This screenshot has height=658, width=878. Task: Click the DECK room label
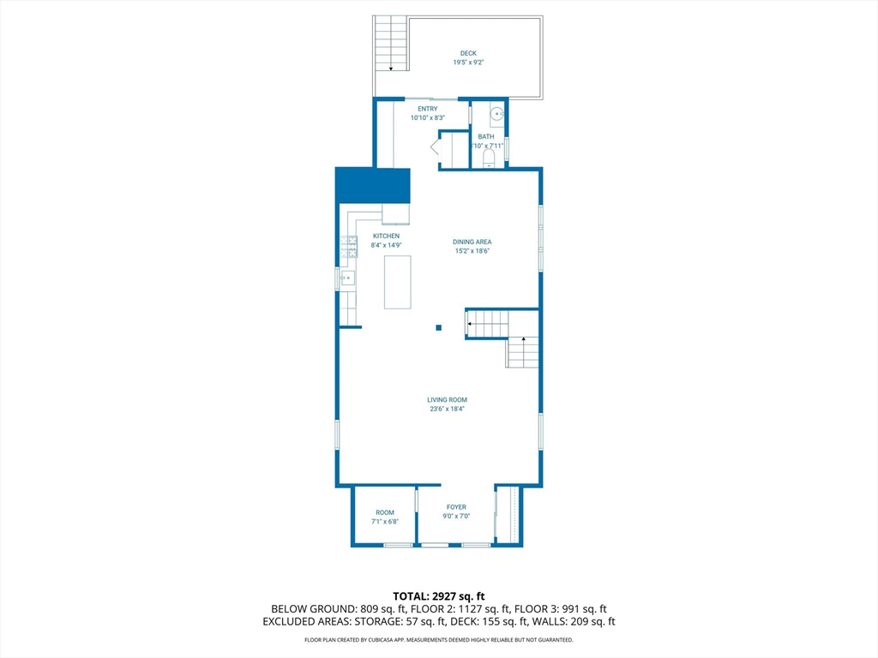tap(468, 53)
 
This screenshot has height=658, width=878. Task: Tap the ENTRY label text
tap(427, 109)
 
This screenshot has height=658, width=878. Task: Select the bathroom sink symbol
tap(497, 114)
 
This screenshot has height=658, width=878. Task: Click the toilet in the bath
tap(489, 159)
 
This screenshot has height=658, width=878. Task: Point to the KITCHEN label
tap(387, 236)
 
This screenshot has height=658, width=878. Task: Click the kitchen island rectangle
tap(398, 282)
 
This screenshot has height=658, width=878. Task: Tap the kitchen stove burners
tap(348, 247)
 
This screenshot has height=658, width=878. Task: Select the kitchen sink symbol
tap(347, 278)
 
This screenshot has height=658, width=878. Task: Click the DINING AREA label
tap(472, 242)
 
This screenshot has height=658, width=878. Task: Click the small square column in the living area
tap(439, 328)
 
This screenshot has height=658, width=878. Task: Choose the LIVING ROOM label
tap(447, 399)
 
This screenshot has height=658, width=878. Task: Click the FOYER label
tap(456, 507)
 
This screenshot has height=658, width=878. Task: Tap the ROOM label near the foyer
tap(385, 512)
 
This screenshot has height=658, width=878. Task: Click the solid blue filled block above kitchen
tap(372, 185)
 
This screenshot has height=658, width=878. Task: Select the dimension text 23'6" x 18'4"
tap(447, 409)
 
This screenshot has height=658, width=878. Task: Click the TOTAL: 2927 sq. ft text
tap(439, 596)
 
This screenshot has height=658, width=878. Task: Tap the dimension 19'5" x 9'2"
tap(468, 62)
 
